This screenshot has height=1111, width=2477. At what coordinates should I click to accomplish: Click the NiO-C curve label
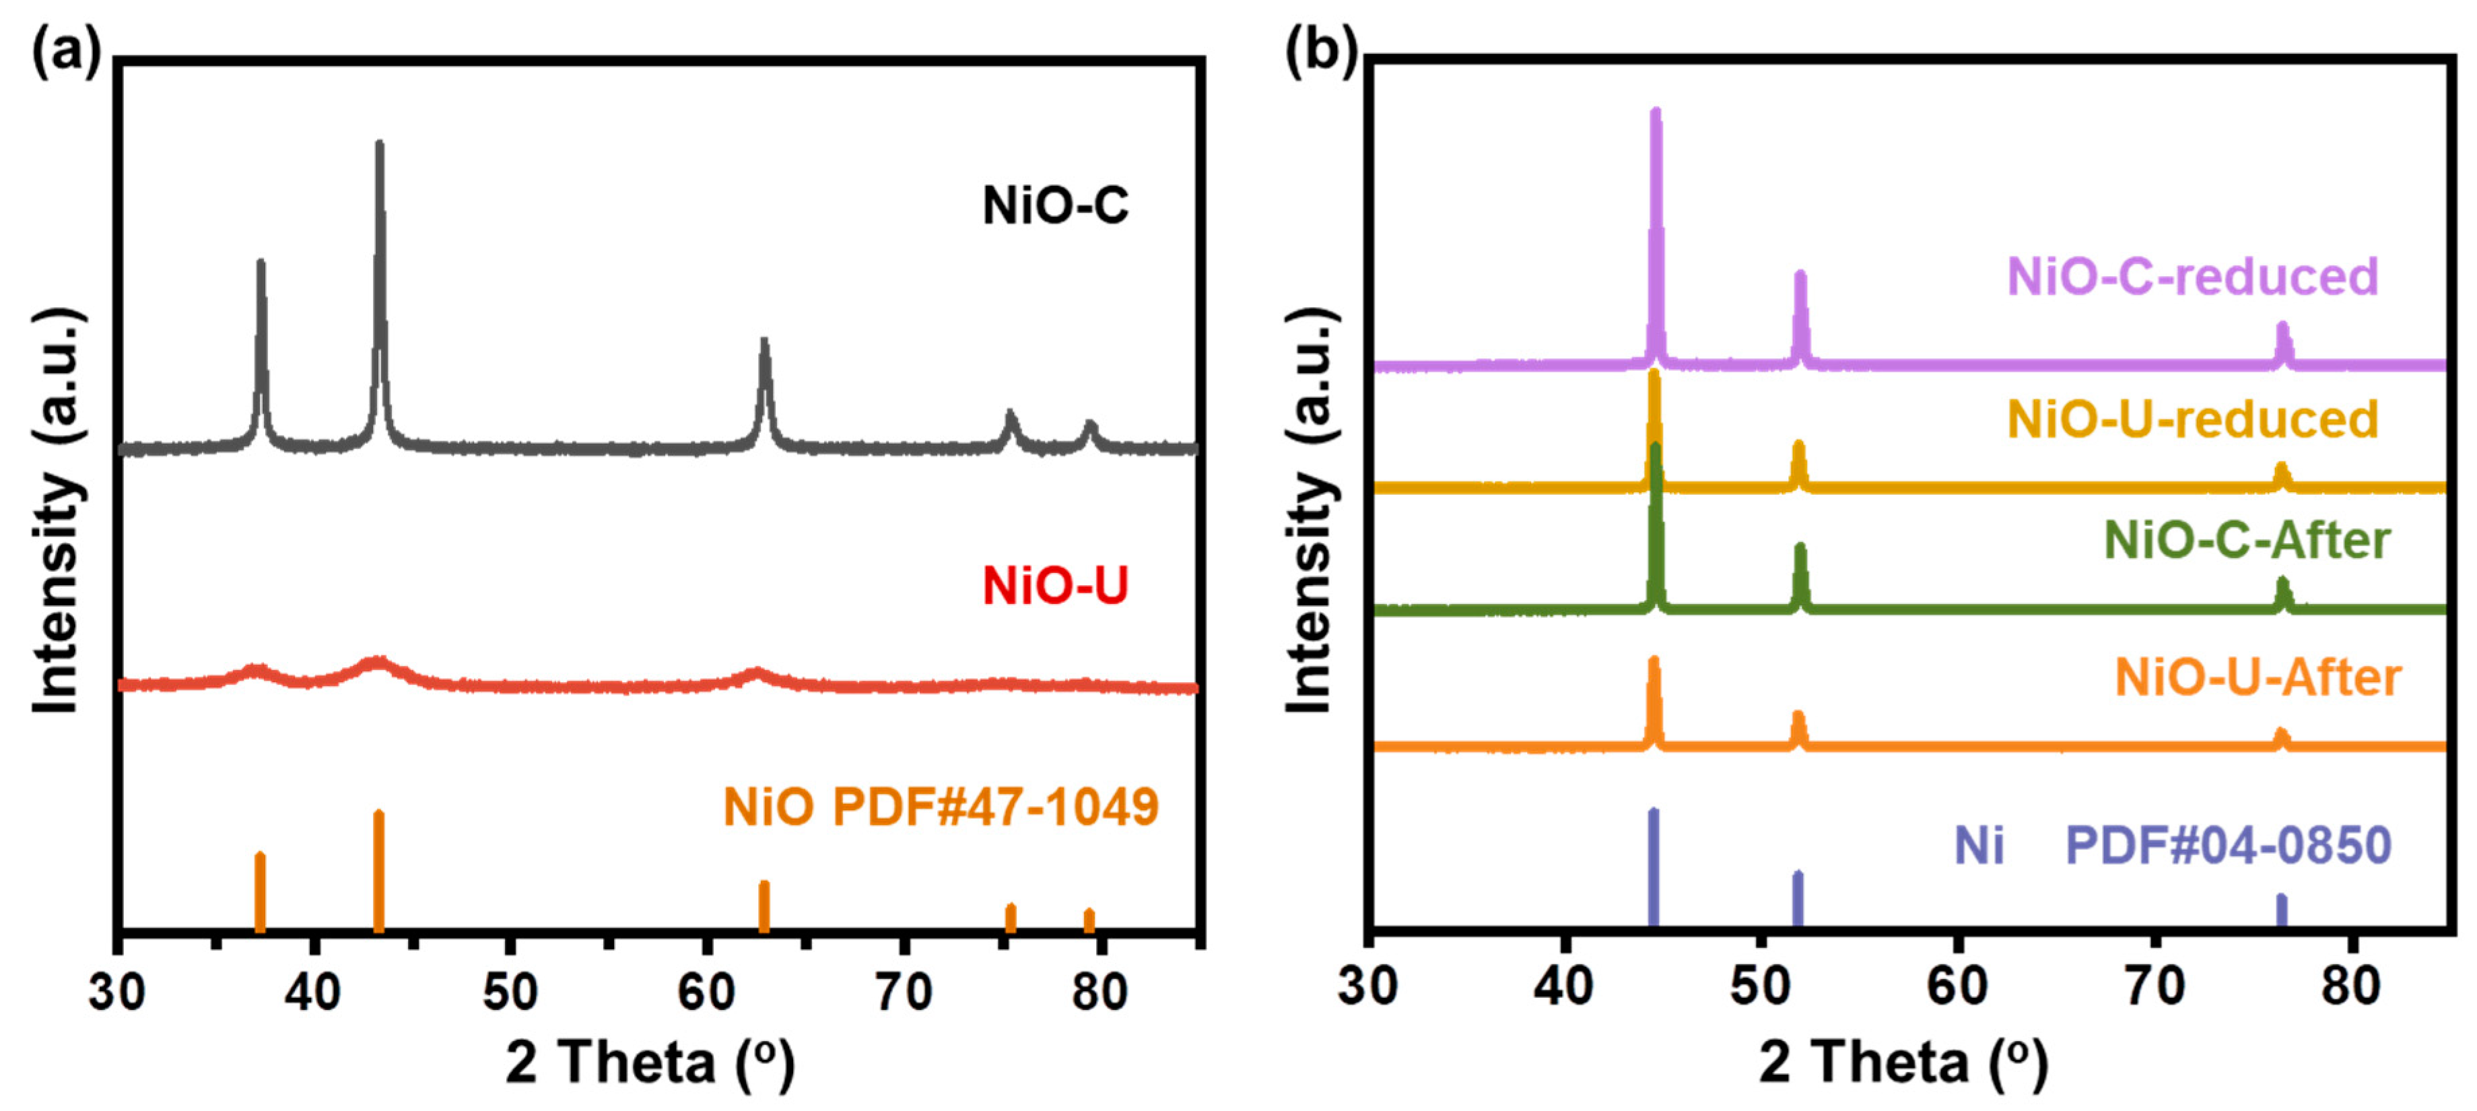coord(1055,205)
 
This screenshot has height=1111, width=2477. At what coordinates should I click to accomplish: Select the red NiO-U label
coord(1055,585)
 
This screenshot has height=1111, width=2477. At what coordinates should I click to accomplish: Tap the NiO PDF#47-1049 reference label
coord(941,806)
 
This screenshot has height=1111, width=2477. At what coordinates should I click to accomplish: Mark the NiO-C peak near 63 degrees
coord(764,346)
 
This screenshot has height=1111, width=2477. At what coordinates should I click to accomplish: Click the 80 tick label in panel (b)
coord(2350,986)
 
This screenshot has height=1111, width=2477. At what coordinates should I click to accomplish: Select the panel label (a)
coord(65,50)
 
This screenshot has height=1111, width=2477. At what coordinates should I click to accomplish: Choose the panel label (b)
coord(1321,50)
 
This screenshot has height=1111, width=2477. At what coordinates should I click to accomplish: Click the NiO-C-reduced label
coord(2192,276)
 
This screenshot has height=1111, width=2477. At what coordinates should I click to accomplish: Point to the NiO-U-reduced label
coord(2192,419)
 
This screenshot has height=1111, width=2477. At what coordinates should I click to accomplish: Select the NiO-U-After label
coord(2257,677)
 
